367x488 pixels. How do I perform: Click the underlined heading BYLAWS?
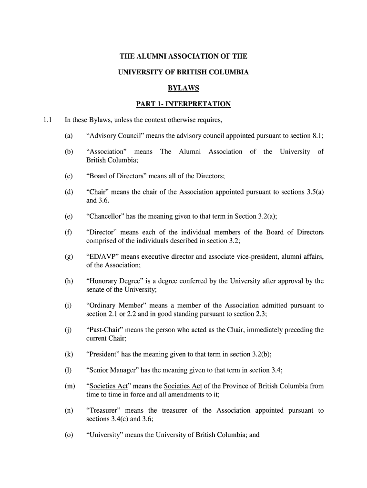coord(183,88)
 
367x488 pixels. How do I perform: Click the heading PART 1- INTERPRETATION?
coord(183,104)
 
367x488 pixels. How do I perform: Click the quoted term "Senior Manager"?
coord(112,370)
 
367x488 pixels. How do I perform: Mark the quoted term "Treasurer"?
coord(103,410)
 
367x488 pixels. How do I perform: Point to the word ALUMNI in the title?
coord(153,57)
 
